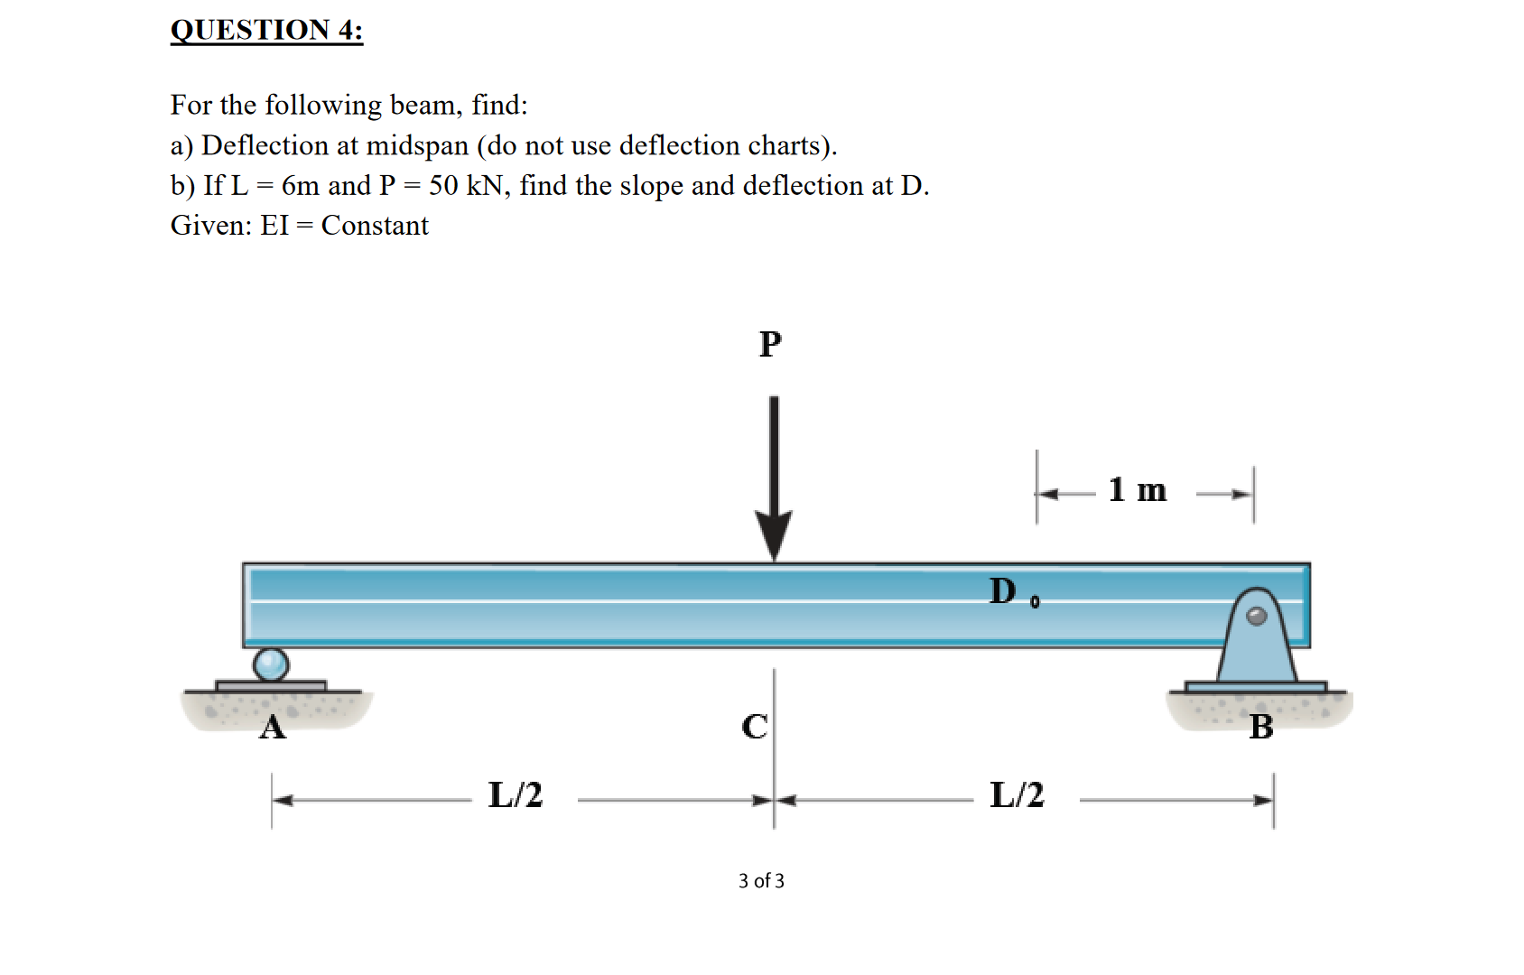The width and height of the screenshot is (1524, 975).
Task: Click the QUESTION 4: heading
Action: point(266,30)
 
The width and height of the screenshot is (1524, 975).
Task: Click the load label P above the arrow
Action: point(770,344)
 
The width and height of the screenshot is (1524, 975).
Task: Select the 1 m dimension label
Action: point(1138,490)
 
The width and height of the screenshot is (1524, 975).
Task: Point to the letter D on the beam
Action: point(1002,591)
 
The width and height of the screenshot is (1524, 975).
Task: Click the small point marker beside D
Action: point(1035,601)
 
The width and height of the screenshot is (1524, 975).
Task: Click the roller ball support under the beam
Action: point(271,664)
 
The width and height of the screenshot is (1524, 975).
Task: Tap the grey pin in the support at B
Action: point(1257,616)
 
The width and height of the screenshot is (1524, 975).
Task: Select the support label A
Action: point(272,727)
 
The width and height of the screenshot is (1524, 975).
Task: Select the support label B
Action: point(1261,727)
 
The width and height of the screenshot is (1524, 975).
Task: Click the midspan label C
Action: point(755,727)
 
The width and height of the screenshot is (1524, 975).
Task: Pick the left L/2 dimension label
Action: point(516,795)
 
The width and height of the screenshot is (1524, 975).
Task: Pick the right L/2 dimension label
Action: point(1017,795)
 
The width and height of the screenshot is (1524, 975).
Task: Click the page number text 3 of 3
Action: point(761,881)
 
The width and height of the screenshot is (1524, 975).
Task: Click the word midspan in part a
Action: point(417,146)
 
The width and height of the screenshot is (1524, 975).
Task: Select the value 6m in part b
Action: point(301,186)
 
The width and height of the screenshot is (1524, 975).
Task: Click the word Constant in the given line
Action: point(375,226)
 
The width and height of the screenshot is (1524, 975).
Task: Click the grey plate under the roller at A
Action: point(271,687)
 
